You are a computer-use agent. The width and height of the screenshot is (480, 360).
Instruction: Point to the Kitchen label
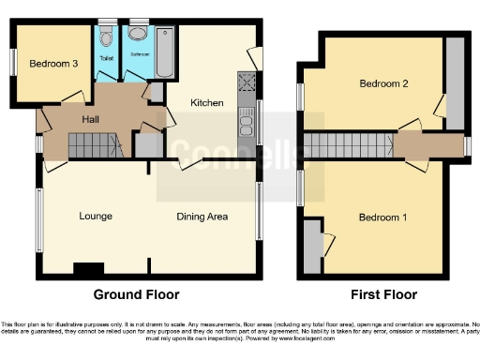point(206,102)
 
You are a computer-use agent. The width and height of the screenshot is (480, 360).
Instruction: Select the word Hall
point(91,119)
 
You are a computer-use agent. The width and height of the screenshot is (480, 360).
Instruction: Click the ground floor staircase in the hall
point(94,146)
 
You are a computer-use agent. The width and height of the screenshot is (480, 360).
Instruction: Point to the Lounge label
point(96,217)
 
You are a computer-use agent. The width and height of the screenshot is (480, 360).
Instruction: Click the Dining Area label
point(202,217)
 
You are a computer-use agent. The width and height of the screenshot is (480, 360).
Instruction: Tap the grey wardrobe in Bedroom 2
point(455,84)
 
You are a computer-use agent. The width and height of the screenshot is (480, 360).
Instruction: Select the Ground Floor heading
point(136,294)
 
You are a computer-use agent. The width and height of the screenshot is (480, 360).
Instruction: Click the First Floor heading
point(384,294)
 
